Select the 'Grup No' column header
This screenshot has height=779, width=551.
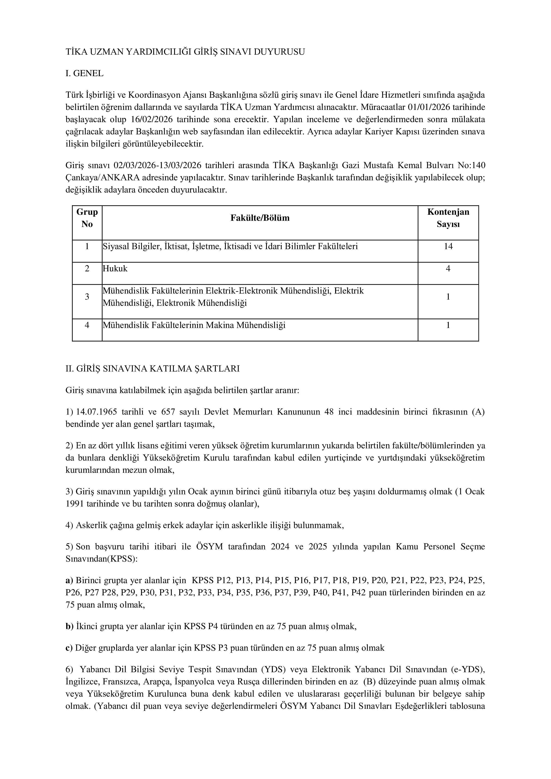(87, 218)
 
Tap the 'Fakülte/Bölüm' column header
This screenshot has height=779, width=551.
(260, 218)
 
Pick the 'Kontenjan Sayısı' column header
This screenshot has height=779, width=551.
(448, 218)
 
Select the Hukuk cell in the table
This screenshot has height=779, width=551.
(115, 269)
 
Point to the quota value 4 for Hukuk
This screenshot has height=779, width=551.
(448, 269)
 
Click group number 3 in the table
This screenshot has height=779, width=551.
(87, 297)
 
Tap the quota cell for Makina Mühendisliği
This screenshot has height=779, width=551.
(448, 325)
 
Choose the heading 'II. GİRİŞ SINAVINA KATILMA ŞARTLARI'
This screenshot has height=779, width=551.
(153, 369)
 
